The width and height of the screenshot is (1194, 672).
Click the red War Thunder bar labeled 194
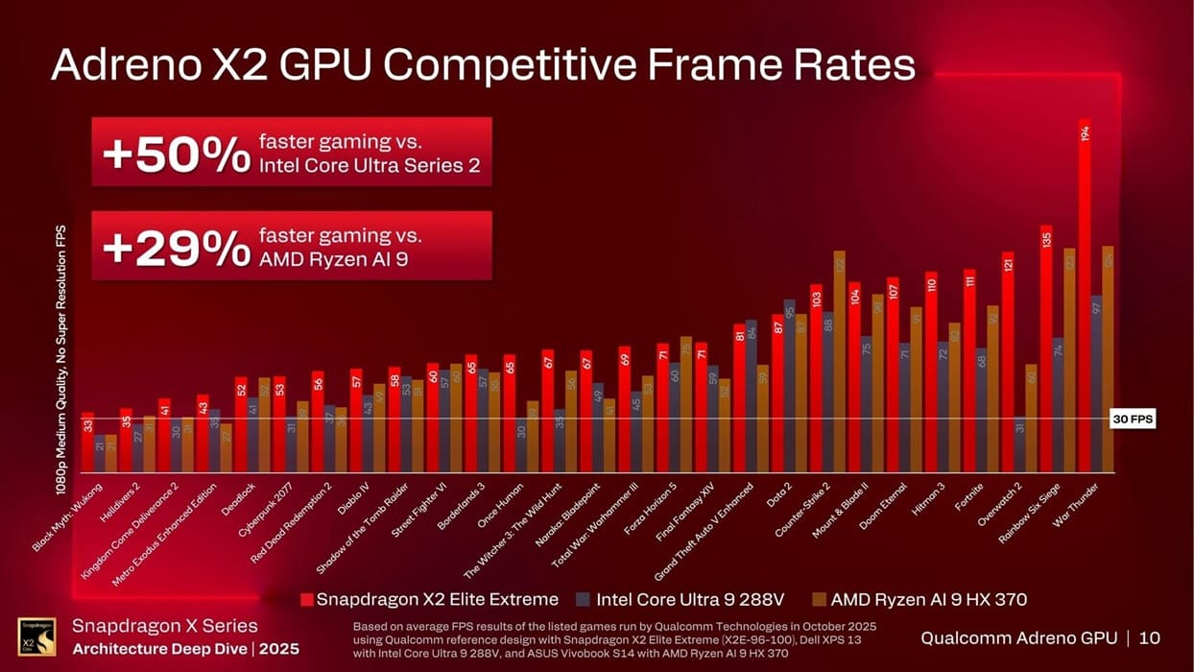click(x=1085, y=298)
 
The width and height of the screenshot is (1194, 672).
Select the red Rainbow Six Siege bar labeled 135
click(x=1046, y=350)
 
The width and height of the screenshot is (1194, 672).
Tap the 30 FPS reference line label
click(x=1133, y=419)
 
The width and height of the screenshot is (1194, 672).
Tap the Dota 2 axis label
click(x=776, y=492)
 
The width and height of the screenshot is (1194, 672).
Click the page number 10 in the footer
click(x=1150, y=637)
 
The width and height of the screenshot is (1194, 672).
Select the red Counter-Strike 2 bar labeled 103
click(x=816, y=379)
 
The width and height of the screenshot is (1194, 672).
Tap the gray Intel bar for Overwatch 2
click(x=1019, y=444)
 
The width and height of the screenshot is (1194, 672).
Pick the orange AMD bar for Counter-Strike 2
click(x=839, y=362)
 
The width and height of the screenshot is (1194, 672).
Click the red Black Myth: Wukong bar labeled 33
click(x=87, y=444)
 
